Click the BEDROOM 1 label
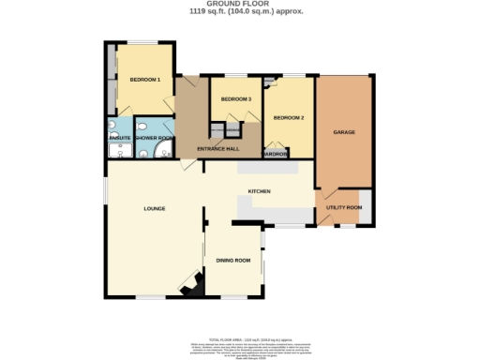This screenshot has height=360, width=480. pos(145,81)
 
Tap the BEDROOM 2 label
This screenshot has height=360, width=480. pos(289,118)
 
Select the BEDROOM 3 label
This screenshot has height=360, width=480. pos(235,99)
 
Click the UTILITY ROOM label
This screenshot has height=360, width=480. pos(343,207)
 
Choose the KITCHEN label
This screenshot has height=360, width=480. pos(259,191)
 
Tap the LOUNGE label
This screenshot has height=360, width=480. pos(155,208)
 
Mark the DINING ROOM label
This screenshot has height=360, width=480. pos(232,260)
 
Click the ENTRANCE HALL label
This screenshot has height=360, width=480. pos(217,149)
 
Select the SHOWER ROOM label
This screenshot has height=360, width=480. pos(154,138)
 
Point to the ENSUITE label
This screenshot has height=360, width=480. pos(119,138)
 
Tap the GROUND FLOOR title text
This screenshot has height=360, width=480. pos(239,5)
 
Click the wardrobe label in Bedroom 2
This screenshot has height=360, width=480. pos(274,154)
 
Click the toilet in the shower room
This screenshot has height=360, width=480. pos(142,127)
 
